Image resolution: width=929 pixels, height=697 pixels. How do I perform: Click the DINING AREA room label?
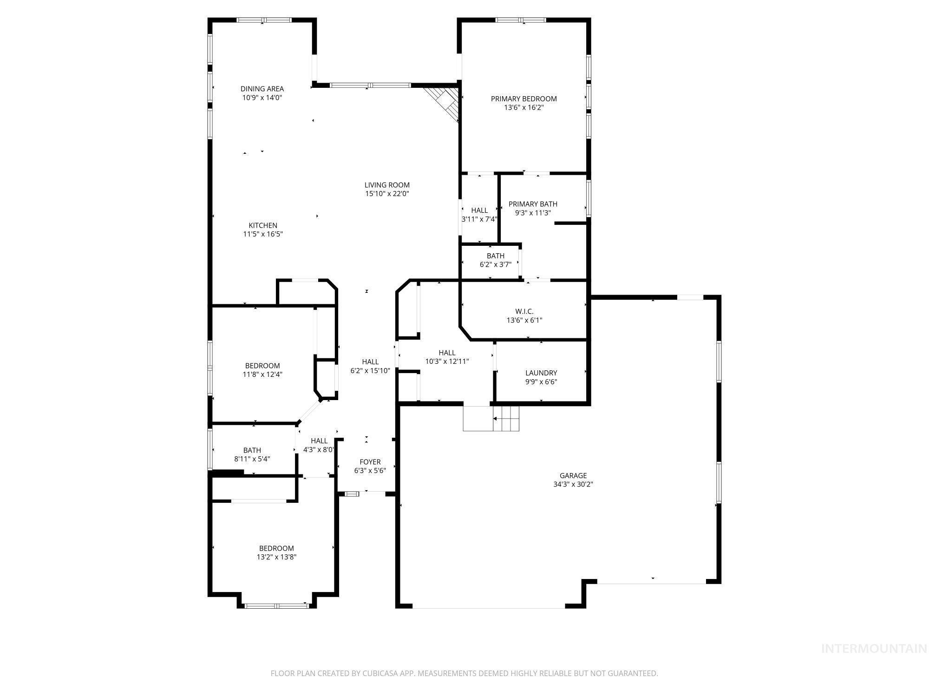[x=262, y=89]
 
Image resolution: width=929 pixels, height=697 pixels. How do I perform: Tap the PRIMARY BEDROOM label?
[x=523, y=99]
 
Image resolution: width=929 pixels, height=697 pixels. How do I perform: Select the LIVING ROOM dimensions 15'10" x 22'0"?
[x=386, y=194]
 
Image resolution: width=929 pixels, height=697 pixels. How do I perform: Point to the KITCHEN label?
[x=263, y=225]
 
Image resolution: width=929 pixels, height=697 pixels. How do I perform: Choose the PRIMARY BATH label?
[x=533, y=204]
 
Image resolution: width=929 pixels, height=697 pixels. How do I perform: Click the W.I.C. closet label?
[x=524, y=311]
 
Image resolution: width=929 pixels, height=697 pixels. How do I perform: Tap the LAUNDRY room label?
[x=541, y=373]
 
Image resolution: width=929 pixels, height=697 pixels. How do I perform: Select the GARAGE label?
[x=573, y=475]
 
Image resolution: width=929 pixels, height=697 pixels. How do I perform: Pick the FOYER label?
[x=370, y=462]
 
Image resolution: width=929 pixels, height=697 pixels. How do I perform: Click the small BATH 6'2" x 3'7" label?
[x=495, y=256]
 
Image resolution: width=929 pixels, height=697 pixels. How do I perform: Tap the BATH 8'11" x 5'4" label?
[x=252, y=450]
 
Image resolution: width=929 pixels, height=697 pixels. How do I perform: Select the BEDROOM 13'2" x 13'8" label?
[x=276, y=548]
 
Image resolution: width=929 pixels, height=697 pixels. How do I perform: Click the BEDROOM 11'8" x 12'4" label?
[x=262, y=366]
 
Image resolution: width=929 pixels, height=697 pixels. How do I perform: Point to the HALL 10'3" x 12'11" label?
[x=447, y=353]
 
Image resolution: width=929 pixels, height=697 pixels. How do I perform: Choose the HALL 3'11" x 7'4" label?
[x=479, y=210]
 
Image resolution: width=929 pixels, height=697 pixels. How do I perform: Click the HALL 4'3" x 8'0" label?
[x=319, y=441]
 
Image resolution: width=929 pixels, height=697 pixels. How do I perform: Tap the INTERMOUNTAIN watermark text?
[x=874, y=649]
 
